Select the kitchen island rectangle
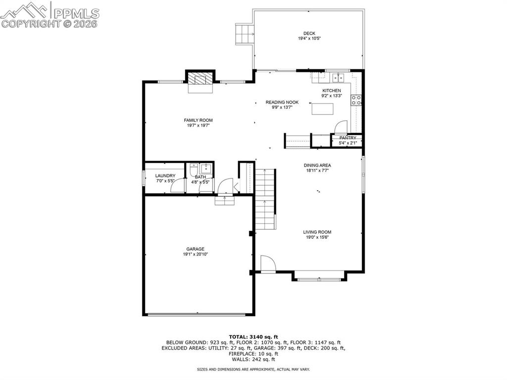[320, 108]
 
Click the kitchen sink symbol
[338, 77]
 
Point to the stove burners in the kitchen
[355, 100]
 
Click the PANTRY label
[348, 138]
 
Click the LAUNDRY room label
[165, 176]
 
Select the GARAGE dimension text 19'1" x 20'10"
[195, 254]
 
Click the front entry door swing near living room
[267, 264]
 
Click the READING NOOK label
[282, 102]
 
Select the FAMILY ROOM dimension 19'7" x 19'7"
[198, 125]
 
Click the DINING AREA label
[317, 165]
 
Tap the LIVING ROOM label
[317, 232]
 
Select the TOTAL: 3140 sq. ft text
[253, 337]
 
